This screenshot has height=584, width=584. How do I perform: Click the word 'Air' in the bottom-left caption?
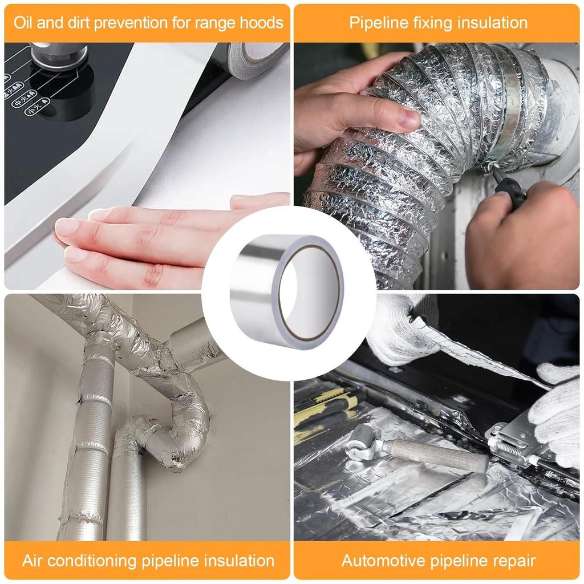[x=34, y=560]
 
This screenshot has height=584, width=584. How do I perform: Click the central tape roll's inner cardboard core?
[x=311, y=294]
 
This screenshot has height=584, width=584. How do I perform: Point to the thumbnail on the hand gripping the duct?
[x=409, y=118]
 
